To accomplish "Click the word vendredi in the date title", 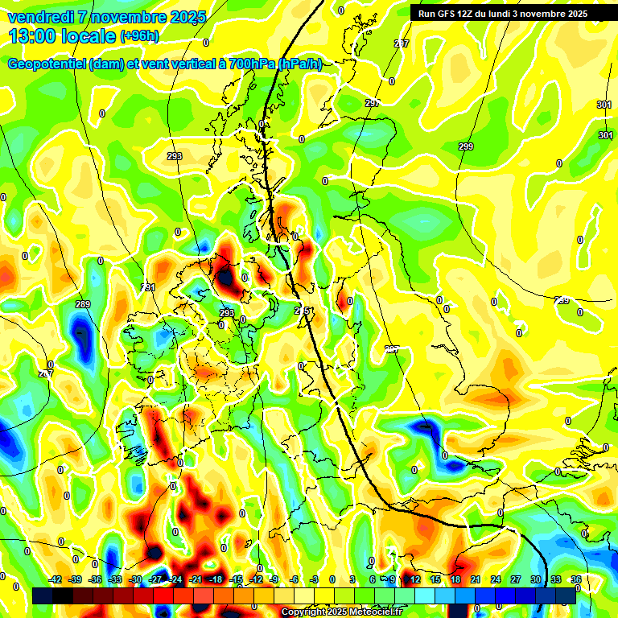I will pyautogui.click(x=39, y=17).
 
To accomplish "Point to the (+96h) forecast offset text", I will pyautogui.click(x=139, y=35).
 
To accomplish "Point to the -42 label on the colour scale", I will pyautogui.click(x=55, y=579).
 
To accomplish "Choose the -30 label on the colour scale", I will pyautogui.click(x=135, y=579).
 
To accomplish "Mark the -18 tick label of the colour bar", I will pyautogui.click(x=216, y=579).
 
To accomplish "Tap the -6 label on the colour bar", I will pyautogui.click(x=295, y=579).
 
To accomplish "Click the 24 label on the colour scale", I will pyautogui.click(x=495, y=579).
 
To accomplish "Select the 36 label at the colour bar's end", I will pyautogui.click(x=575, y=579).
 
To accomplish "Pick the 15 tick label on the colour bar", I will pyautogui.click(x=435, y=579).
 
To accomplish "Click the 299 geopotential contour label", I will pyautogui.click(x=466, y=146).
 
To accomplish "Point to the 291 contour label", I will pyautogui.click(x=148, y=287).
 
